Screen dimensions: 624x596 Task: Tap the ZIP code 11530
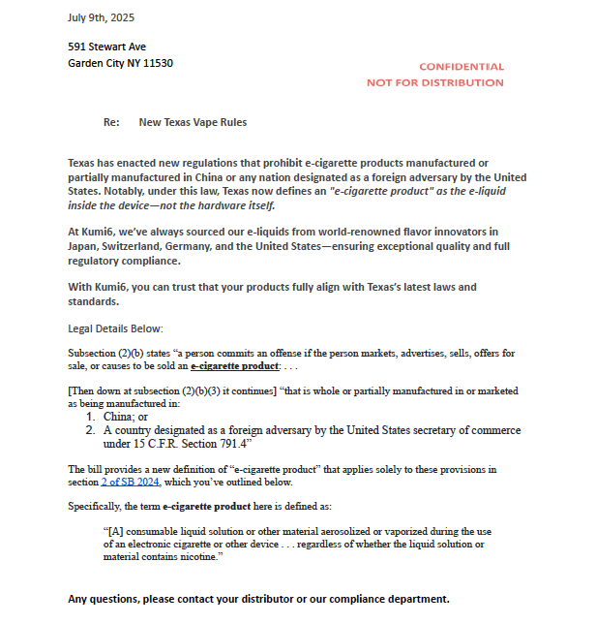click(x=157, y=63)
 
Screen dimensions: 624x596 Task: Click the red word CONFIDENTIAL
click(x=461, y=67)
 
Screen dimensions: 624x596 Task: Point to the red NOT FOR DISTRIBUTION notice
click(x=434, y=82)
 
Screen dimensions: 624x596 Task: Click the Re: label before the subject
click(x=111, y=123)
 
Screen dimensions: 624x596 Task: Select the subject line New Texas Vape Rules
click(x=193, y=123)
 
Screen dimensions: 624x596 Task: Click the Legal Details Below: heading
click(x=115, y=328)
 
